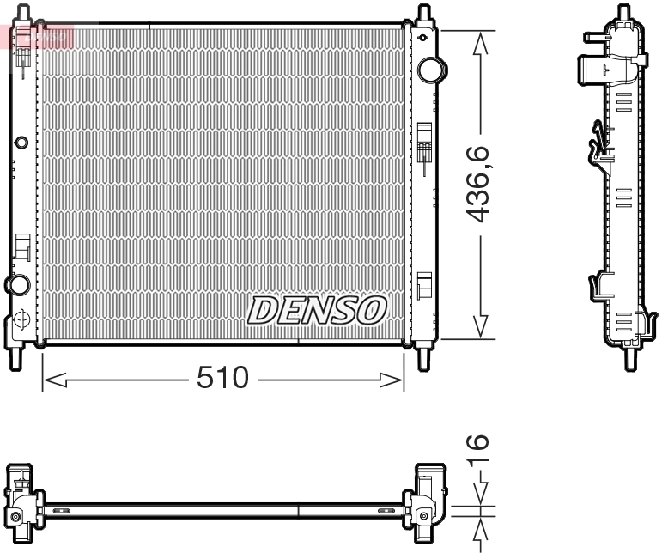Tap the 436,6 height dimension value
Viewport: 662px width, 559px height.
[480, 185]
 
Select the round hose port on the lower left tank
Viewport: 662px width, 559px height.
[16, 284]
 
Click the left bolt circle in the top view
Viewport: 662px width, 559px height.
[15, 516]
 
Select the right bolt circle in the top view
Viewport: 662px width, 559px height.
[422, 516]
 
